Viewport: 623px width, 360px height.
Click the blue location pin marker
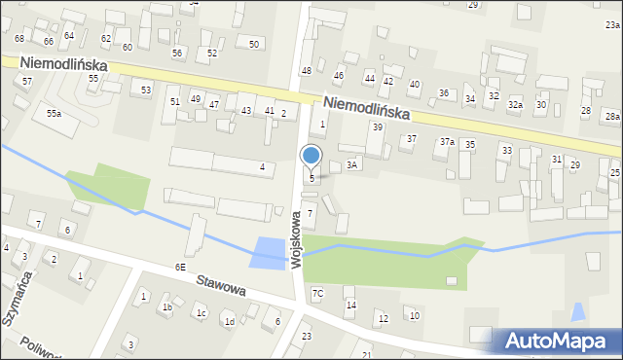[311, 156]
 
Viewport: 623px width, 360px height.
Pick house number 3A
[353, 165]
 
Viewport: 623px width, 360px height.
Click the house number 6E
[180, 267]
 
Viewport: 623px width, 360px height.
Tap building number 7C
[317, 293]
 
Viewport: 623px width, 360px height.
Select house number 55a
[54, 114]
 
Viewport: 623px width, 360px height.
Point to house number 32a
[515, 104]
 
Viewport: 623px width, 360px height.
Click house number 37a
[446, 142]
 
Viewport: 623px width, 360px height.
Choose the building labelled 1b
[167, 307]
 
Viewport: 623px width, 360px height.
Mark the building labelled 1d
[230, 321]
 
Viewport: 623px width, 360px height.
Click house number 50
[254, 44]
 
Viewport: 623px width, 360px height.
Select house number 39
[377, 127]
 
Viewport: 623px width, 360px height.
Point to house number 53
[146, 90]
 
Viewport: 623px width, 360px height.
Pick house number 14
[351, 306]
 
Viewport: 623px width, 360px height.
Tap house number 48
[306, 71]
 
